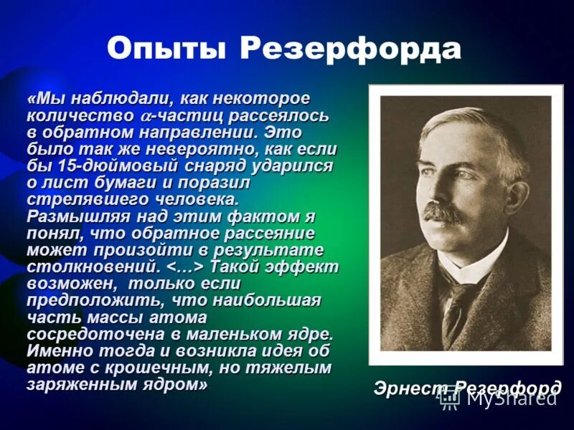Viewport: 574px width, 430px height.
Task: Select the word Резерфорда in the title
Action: [x=351, y=49]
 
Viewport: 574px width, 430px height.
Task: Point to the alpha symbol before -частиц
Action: [x=146, y=115]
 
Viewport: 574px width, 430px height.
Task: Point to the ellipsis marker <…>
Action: [x=186, y=267]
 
